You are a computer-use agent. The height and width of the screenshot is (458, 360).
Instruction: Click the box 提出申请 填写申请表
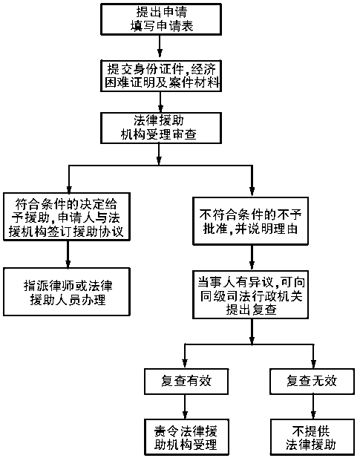[x=161, y=19]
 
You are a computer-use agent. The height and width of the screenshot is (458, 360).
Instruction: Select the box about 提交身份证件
[x=161, y=76]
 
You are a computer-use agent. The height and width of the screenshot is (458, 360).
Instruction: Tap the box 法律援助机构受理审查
[x=161, y=128]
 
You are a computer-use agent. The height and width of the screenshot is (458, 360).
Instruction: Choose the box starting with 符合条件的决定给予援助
[x=67, y=217]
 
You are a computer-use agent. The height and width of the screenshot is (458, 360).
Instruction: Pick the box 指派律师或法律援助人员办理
[x=67, y=292]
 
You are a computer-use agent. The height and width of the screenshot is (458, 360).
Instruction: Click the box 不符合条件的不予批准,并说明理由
[x=250, y=221]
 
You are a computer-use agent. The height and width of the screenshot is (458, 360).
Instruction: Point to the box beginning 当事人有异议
[x=250, y=295]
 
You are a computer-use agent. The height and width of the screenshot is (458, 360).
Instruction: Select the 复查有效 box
[x=186, y=382]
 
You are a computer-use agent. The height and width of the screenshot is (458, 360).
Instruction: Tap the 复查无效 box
[x=312, y=382]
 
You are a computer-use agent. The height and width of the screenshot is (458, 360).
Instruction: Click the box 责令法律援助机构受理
[x=186, y=437]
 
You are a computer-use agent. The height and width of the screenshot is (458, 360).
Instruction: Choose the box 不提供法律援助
[x=312, y=437]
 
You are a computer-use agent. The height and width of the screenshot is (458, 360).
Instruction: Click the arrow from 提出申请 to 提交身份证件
[x=160, y=46]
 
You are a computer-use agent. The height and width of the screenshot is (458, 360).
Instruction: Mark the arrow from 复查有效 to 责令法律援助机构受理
[x=185, y=406]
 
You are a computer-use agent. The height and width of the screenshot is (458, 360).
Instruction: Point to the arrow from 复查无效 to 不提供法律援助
[x=313, y=406]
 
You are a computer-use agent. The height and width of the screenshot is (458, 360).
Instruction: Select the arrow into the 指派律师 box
[x=68, y=255]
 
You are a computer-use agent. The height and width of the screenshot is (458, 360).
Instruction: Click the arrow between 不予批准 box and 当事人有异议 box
[x=252, y=258]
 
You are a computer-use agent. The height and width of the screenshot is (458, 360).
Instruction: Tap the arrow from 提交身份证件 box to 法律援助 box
[x=160, y=102]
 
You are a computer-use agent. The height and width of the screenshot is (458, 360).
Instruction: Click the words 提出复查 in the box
[x=251, y=310]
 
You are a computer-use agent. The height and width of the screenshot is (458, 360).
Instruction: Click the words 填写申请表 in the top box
[x=162, y=26]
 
